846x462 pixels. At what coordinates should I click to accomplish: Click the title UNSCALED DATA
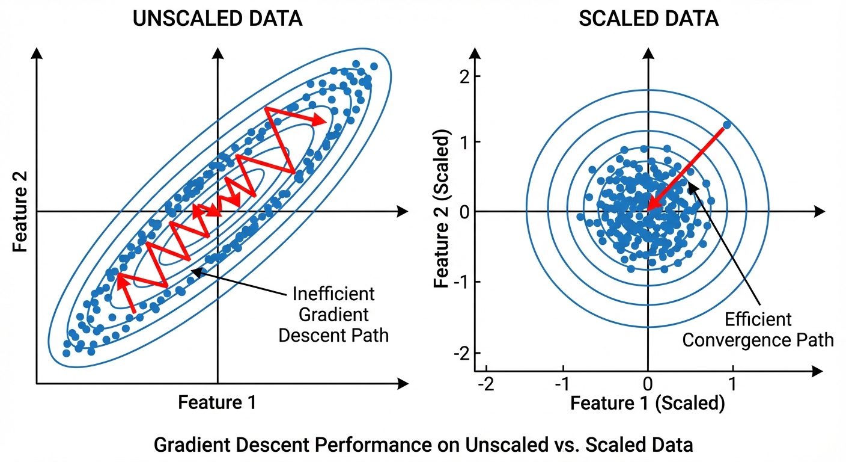coord(217,19)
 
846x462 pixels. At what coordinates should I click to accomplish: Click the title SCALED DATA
coord(648,19)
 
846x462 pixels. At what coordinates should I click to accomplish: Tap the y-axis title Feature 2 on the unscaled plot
coord(20,211)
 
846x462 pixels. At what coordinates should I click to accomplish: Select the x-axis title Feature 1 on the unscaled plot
coord(217,402)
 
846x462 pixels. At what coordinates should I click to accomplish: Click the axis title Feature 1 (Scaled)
coord(647,403)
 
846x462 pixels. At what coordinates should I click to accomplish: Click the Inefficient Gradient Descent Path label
coord(333,315)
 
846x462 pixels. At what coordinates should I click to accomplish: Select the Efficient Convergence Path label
coord(758,329)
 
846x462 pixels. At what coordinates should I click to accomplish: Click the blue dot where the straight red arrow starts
coord(726,125)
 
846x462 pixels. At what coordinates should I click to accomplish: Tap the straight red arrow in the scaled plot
coord(687,168)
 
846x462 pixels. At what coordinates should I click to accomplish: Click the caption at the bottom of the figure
coord(424,445)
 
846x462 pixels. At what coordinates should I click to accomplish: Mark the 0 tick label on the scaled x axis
coord(648,384)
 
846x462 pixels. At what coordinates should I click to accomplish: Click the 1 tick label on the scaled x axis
coord(732,384)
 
